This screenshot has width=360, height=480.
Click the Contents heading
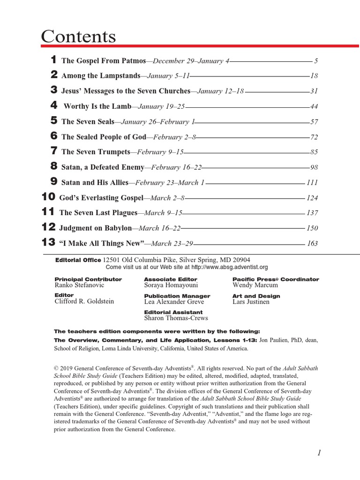coord(78,36)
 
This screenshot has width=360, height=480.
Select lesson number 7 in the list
coord(54,151)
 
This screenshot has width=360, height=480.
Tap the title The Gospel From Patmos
coord(104,61)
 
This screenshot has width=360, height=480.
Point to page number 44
coord(314,106)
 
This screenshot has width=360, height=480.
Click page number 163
coord(312,243)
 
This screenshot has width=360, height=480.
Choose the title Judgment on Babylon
coord(96,228)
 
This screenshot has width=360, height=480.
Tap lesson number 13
coord(48,242)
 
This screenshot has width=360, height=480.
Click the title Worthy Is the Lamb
coord(97,106)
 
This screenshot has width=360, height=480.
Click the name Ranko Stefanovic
coord(79,285)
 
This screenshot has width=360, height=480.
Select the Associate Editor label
coord(165,279)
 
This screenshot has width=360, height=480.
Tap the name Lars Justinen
coord(251,302)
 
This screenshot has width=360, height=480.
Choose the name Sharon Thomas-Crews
coord(176,318)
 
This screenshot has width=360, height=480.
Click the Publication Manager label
coord(177,296)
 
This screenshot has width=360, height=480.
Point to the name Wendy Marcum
coord(255,285)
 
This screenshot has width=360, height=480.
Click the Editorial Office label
coord(78,260)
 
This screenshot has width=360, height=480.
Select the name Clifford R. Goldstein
coord(84,301)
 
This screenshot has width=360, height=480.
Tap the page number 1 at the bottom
coord(319,452)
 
